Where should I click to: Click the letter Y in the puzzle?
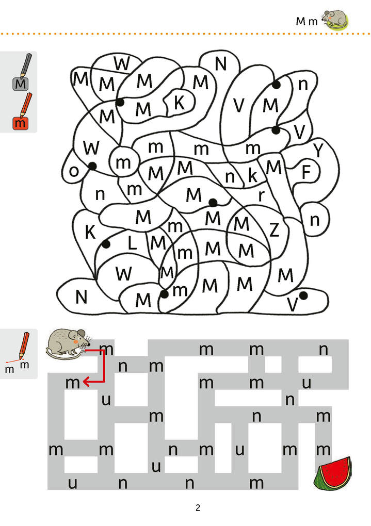319,150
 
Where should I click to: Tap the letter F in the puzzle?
307,172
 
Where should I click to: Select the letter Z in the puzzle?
274,229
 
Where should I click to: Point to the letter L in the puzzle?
132,243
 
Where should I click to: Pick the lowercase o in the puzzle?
74,171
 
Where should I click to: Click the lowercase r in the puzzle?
261,195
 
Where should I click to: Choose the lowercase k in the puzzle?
252,175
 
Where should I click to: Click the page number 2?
198,508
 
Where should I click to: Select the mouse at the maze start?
67,342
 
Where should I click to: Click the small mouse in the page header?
335,19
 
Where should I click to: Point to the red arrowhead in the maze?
87,382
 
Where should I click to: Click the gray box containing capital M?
21,84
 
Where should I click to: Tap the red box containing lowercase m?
20,123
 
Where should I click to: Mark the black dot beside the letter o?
92,166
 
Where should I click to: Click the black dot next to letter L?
106,244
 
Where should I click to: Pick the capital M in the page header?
301,21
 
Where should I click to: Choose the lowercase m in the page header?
313,22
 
